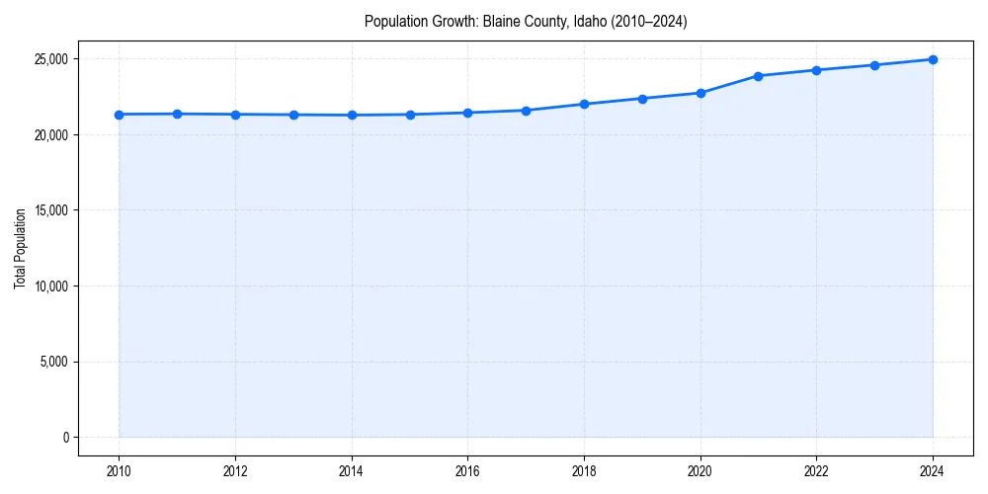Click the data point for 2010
[x=119, y=115]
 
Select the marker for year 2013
[x=293, y=115]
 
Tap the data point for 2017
[x=526, y=111]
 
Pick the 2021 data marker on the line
[x=758, y=76]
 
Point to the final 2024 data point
[x=933, y=59]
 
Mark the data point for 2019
[x=642, y=99]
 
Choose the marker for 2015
[x=410, y=115]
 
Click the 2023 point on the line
[x=874, y=65]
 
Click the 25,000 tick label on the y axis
[x=50, y=59]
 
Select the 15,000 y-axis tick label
[x=50, y=210]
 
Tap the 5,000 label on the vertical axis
[x=53, y=362]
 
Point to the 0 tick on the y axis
[x=65, y=438]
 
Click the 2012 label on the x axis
[x=235, y=471]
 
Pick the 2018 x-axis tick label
[x=584, y=471]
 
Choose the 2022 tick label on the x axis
[x=816, y=471]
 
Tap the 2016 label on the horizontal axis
[x=467, y=471]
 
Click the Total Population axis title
[x=20, y=248]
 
